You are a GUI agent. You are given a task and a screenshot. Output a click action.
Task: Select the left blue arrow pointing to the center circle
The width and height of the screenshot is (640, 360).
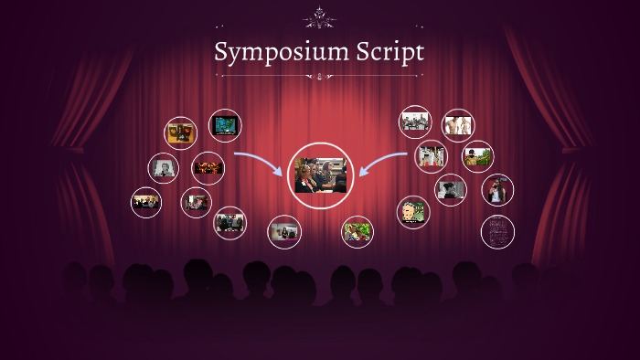(259, 163)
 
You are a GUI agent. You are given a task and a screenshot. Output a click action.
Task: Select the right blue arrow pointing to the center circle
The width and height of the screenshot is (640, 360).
(382, 163)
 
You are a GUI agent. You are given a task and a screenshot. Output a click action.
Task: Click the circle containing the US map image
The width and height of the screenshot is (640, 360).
(225, 125)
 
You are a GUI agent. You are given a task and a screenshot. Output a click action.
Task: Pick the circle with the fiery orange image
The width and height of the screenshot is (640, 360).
(208, 168)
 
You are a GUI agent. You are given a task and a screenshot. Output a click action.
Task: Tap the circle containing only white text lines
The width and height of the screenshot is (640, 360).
(497, 231)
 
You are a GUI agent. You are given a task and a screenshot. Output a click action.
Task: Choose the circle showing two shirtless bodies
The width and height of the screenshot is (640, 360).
(457, 124)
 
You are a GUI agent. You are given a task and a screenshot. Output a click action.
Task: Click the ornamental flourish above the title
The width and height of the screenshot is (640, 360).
(319, 17)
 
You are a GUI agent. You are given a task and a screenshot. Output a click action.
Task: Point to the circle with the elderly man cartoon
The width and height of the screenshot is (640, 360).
(412, 212)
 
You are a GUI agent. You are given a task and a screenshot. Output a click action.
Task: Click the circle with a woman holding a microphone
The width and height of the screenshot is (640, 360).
(497, 190)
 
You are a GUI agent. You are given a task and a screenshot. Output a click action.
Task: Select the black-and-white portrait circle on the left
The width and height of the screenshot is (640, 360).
(164, 168)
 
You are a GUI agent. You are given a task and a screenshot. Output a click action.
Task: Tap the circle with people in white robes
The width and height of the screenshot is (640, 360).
(431, 155)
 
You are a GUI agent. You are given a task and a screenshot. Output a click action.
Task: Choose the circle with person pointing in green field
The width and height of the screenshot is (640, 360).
(477, 155)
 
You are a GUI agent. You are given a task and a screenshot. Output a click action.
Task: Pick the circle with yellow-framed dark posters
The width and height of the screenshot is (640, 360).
(180, 132)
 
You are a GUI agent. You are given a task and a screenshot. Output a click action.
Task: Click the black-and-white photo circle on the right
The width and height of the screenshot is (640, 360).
(450, 189)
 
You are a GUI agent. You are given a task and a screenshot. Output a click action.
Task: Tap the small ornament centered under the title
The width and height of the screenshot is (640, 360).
(319, 77)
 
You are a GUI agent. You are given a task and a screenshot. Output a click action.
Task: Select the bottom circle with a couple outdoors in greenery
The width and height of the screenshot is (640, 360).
(357, 231)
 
